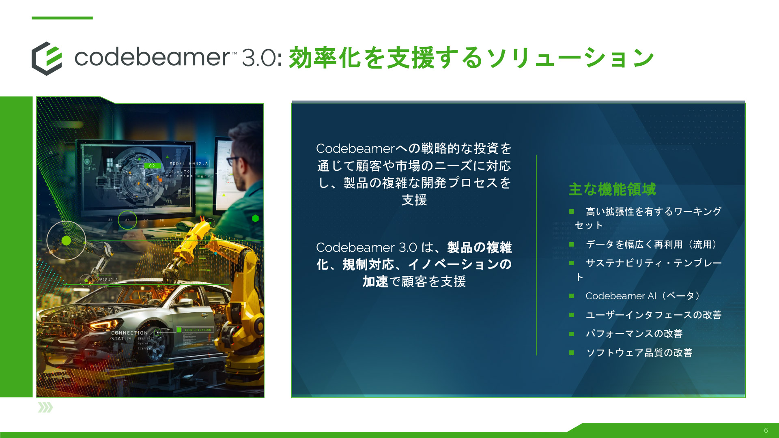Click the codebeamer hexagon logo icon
click(47, 58)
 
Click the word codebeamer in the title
click(152, 57)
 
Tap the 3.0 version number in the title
click(259, 58)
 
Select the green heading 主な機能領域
click(612, 189)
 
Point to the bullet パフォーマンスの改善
click(634, 334)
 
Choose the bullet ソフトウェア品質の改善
click(639, 353)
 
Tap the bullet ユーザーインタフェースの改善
click(653, 315)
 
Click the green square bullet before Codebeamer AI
click(571, 296)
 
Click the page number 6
click(766, 430)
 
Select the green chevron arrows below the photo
click(45, 408)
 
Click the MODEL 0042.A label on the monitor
click(188, 163)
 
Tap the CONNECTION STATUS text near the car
click(129, 335)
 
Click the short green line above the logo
click(62, 18)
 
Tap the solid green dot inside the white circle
click(66, 240)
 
